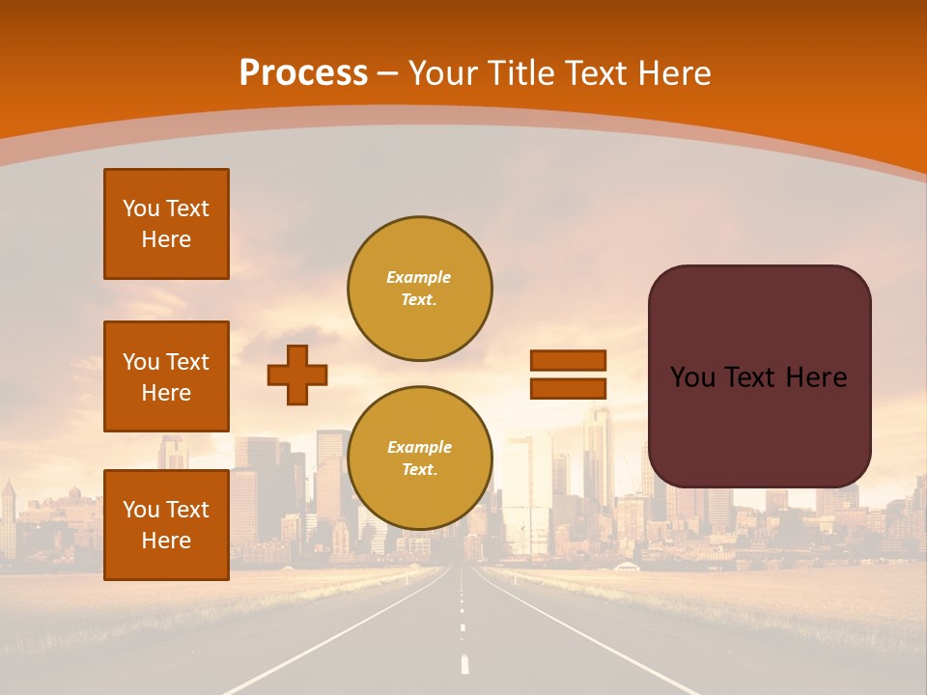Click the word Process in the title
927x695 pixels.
coord(303,73)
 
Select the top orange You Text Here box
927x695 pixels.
coord(166,224)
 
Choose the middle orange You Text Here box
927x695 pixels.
coord(166,376)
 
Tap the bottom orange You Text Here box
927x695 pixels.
coord(166,525)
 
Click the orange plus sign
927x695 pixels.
coord(297,375)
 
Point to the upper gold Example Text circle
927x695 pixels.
coord(419,289)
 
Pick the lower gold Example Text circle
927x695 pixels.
coord(419,459)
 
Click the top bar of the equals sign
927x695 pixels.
coord(568,360)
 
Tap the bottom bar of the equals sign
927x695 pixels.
coord(568,389)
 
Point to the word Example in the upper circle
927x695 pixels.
coord(419,277)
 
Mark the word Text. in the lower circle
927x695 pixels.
coord(419,470)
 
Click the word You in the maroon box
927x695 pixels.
coord(692,377)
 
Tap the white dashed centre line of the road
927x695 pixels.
coord(464,663)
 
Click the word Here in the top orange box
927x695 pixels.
coord(166,239)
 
